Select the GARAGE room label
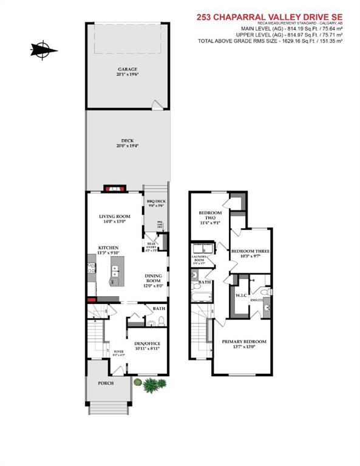127,69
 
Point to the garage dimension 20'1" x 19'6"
127,75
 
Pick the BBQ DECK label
156,201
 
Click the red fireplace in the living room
114,189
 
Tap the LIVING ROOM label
115,216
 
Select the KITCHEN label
109,248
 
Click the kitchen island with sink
115,275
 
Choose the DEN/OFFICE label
147,344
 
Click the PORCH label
108,383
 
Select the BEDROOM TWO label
211,216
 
